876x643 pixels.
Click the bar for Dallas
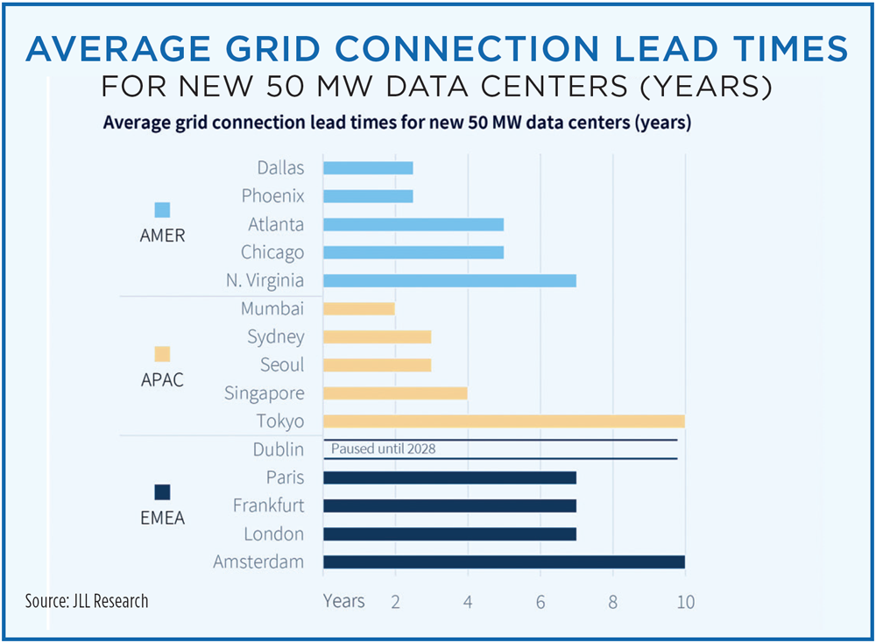[368, 168]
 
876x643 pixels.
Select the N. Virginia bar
[449, 280]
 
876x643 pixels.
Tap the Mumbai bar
[359, 308]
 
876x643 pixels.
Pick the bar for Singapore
[395, 392]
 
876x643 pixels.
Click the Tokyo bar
[504, 420]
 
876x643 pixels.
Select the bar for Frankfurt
[449, 505]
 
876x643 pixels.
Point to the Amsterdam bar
[504, 562]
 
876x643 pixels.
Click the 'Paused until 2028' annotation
[384, 449]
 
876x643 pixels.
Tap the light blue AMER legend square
[162, 210]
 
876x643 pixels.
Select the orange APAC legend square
[162, 354]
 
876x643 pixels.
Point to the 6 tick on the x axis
[540, 602]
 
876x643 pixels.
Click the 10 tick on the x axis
[685, 602]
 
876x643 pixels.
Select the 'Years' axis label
[343, 601]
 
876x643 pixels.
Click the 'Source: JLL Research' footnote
[87, 601]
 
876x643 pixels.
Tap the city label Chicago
[272, 252]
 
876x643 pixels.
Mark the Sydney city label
[276, 336]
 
